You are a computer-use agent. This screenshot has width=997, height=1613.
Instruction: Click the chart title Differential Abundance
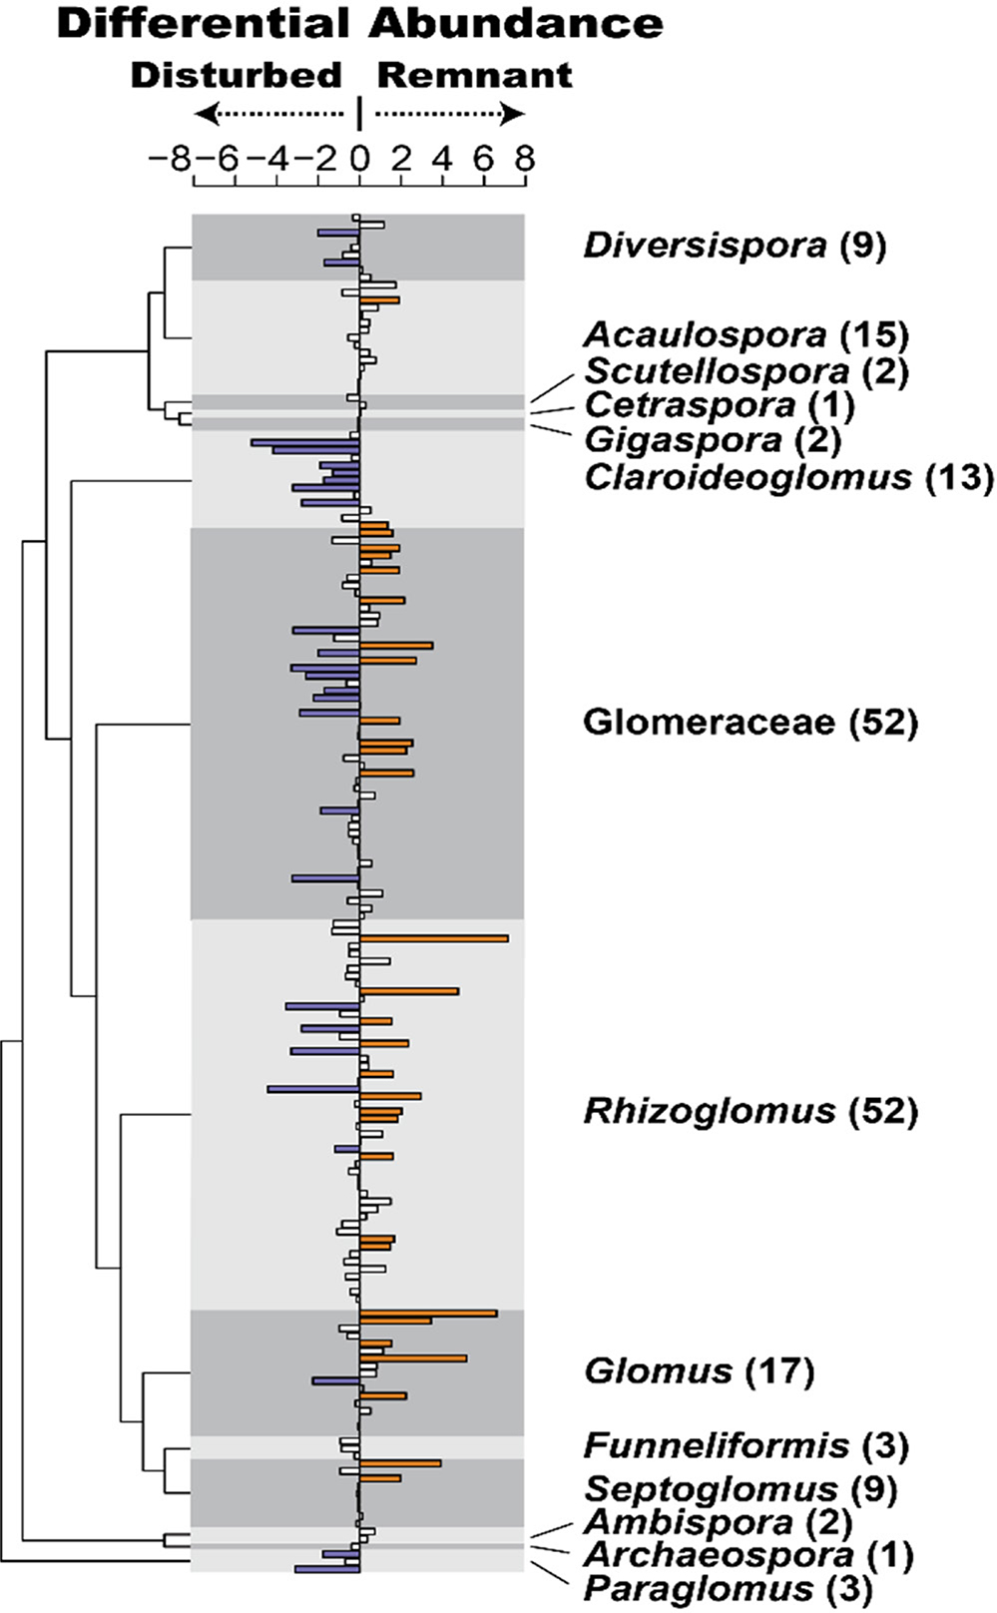[359, 24]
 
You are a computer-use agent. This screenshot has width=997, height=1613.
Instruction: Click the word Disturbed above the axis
[237, 75]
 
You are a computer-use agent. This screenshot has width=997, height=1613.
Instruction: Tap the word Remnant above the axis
[475, 75]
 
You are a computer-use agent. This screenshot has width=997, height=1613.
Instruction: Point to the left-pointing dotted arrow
[267, 115]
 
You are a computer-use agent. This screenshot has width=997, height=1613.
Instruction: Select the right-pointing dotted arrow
[450, 115]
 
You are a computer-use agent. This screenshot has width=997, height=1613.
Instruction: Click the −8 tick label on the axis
[169, 159]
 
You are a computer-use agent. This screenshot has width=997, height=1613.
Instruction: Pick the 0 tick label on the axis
[359, 159]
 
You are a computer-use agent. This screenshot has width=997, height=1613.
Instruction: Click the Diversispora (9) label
[735, 245]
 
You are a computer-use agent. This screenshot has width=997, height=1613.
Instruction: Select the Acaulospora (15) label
[747, 335]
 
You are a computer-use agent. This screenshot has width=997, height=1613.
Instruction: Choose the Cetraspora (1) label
[719, 405]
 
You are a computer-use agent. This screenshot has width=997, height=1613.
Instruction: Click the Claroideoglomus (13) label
[788, 477]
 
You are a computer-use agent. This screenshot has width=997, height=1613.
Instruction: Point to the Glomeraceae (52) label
[749, 722]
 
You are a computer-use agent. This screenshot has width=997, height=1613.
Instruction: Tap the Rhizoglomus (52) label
[749, 1110]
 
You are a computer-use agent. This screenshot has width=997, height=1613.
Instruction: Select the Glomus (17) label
[699, 1371]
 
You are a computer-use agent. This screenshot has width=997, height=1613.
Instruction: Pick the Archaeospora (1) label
[748, 1554]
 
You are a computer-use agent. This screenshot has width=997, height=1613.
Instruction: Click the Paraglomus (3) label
[728, 1588]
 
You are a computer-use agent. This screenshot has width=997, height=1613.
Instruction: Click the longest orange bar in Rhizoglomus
[433, 938]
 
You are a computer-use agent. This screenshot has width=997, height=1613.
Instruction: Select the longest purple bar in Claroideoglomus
[305, 441]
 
